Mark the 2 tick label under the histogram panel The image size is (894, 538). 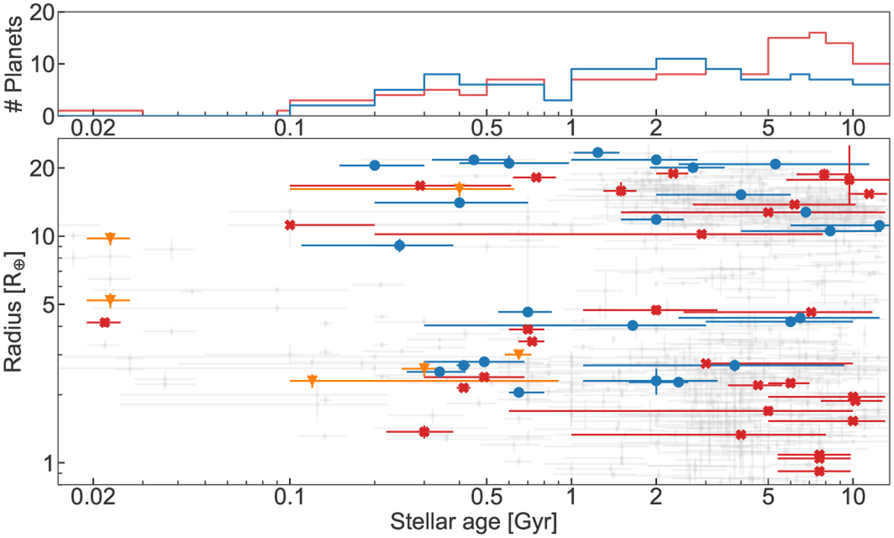(x=655, y=129)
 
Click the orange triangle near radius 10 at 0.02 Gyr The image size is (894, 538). (x=110, y=238)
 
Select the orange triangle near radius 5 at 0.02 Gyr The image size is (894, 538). (x=110, y=300)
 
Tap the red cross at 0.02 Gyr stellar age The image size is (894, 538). (x=104, y=322)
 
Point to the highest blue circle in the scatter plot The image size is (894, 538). (x=597, y=153)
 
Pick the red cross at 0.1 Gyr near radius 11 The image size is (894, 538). (x=291, y=224)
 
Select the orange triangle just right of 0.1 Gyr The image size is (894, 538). (x=312, y=381)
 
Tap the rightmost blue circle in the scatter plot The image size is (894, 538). (x=879, y=225)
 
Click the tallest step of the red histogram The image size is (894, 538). (x=817, y=33)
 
